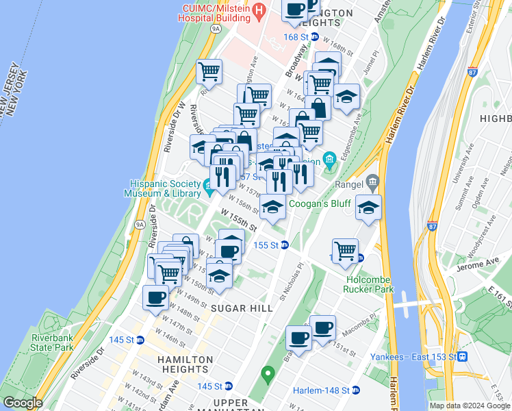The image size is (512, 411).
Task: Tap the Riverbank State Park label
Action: click(52, 342)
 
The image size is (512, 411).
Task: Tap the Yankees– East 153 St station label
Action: click(413, 357)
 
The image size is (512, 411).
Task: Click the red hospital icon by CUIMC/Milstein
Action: click(259, 10)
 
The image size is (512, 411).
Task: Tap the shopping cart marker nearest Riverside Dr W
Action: click(209, 71)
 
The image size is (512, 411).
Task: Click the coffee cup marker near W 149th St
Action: click(155, 298)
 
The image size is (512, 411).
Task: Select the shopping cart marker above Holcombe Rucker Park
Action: click(345, 249)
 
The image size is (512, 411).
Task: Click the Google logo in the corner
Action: click(23, 403)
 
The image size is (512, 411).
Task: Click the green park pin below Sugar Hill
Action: click(268, 374)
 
